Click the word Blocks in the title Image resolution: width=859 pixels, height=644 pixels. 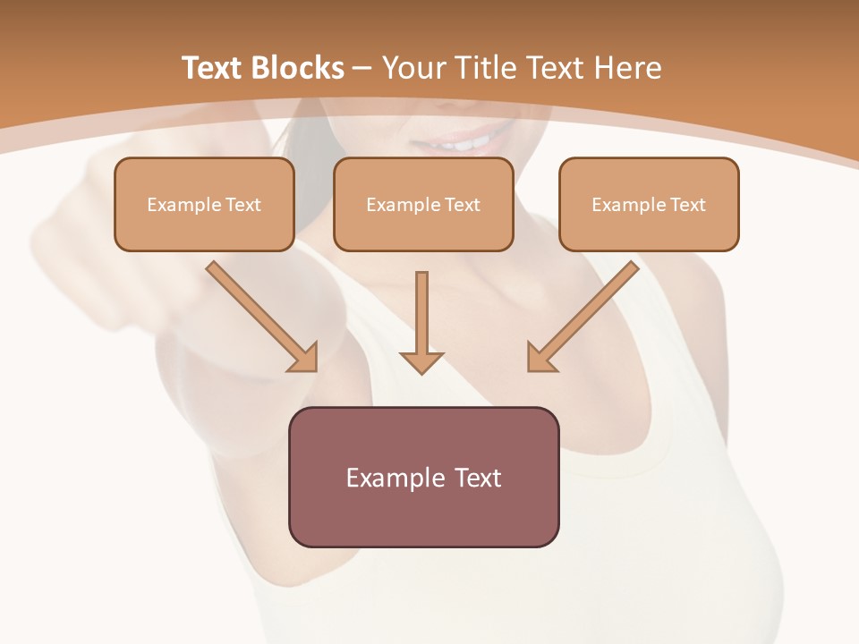coord(300,68)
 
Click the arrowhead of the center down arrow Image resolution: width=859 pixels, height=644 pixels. coord(421,361)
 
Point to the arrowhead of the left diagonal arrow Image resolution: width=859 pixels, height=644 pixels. coord(303,357)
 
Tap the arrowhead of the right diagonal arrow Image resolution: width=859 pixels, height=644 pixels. coord(540,357)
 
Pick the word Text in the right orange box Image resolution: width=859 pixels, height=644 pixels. coord(687,205)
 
